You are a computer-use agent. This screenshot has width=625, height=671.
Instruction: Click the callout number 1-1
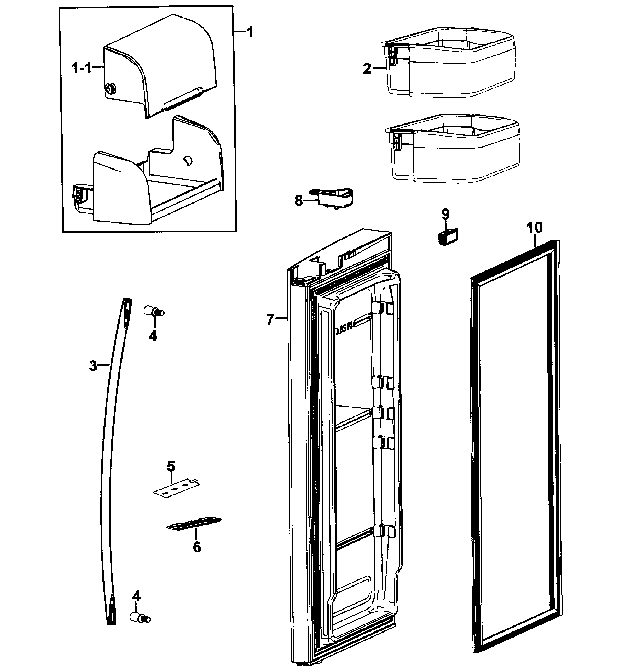tap(81, 69)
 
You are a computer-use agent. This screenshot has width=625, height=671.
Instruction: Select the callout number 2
tap(367, 69)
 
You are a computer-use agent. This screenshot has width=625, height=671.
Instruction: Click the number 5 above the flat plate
tap(171, 466)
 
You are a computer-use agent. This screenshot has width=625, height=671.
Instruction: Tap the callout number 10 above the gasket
tap(534, 228)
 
